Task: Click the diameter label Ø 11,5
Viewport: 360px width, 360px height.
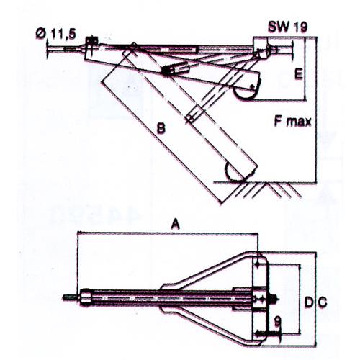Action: [x=58, y=32]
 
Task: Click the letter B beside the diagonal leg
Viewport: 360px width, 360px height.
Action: [x=162, y=128]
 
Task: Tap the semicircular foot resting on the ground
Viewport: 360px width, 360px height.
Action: [x=239, y=173]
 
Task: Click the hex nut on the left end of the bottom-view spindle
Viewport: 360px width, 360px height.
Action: [x=86, y=296]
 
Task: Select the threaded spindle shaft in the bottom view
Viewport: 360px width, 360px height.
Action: [x=173, y=297]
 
